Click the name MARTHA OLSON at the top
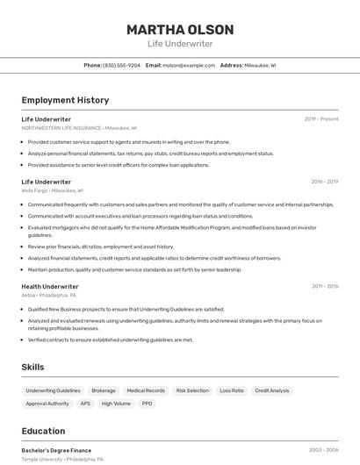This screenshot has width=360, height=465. click(179, 29)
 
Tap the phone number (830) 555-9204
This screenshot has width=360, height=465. click(121, 65)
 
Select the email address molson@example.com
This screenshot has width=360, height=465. click(189, 65)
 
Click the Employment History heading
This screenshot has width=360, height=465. click(65, 100)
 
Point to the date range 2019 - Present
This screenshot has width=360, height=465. click(321, 118)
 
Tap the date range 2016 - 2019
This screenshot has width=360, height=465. click(324, 182)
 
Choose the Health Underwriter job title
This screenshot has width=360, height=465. click(50, 286)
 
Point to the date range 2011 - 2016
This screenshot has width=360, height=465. click(324, 286)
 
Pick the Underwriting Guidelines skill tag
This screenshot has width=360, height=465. click(53, 390)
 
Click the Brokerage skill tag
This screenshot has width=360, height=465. click(104, 390)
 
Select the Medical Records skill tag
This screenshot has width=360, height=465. click(146, 390)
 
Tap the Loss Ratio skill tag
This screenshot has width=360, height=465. click(232, 390)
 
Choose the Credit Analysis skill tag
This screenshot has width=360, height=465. click(272, 390)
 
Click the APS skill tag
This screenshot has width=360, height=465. click(85, 404)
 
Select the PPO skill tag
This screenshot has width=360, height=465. click(147, 404)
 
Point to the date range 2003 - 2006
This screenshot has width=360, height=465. click(323, 449)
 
